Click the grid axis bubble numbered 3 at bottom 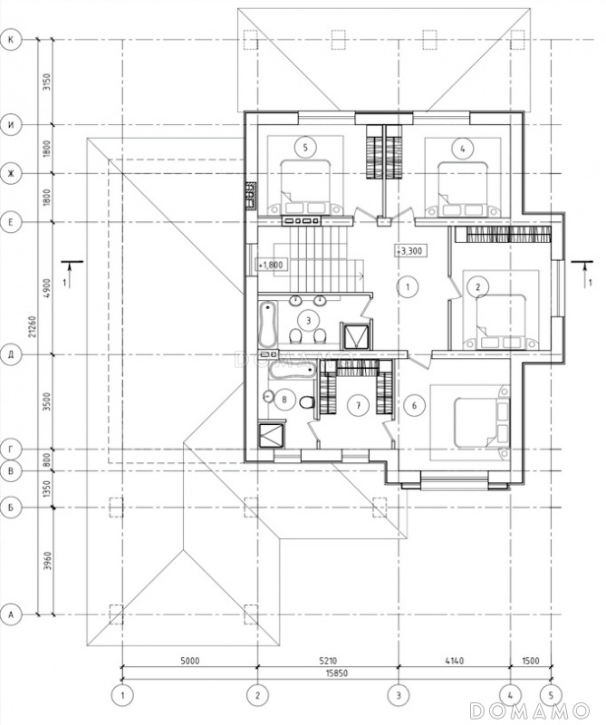(399, 695)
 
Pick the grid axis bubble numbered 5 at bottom (551, 695)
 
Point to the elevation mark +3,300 (409, 251)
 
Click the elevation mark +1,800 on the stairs (272, 266)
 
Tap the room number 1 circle (408, 286)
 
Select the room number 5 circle (305, 148)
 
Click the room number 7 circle (358, 405)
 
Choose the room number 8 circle (284, 399)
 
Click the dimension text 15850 (337, 673)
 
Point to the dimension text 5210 (327, 661)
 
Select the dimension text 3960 (47, 560)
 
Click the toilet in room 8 (307, 401)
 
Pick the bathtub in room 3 (267, 324)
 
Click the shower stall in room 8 (273, 434)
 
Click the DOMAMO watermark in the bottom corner (529, 710)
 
